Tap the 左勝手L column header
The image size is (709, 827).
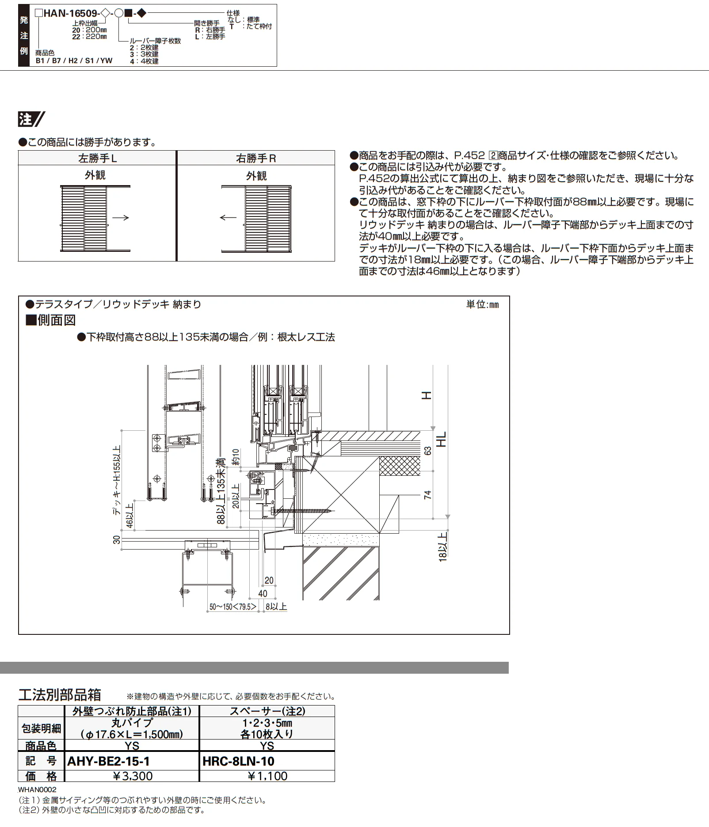tap(97, 158)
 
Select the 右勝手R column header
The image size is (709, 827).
tap(256, 158)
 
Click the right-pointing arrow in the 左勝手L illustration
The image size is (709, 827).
tap(120, 217)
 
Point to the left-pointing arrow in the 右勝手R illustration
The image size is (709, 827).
tap(228, 217)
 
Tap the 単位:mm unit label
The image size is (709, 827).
tap(482, 304)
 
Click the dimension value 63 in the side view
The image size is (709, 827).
tap(427, 451)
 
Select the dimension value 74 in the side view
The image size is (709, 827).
tap(427, 495)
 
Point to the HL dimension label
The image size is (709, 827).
tap(441, 439)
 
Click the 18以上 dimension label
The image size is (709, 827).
tap(443, 546)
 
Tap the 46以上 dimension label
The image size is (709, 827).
tap(130, 515)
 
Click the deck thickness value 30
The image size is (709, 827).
tap(116, 539)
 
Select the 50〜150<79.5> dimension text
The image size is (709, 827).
tap(233, 607)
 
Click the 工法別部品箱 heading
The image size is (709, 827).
tap(60, 695)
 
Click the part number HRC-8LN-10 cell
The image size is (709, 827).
tap(238, 761)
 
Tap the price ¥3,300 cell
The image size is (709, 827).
tap(132, 776)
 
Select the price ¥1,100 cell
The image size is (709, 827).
tap(267, 776)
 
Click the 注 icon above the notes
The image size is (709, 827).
tap(31, 119)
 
